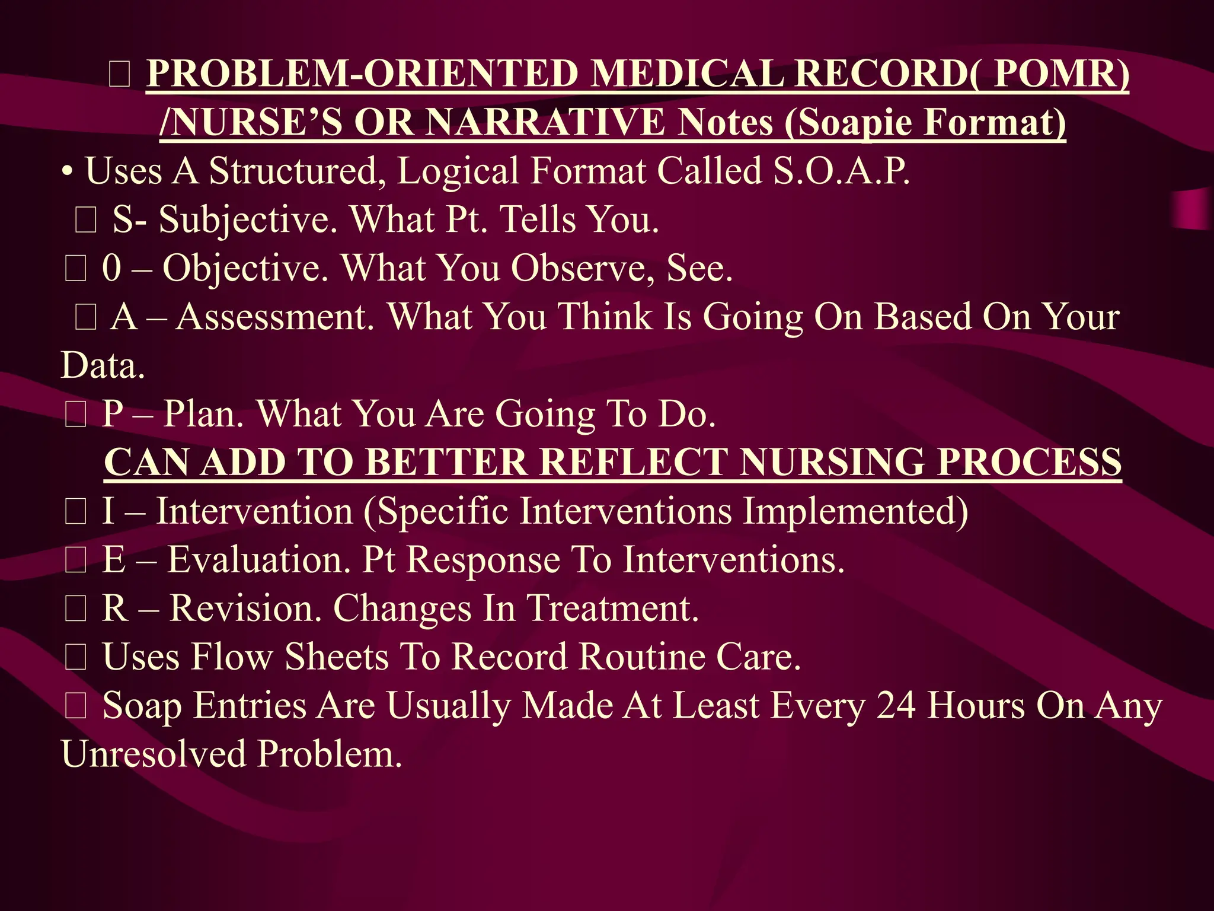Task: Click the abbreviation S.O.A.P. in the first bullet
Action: tap(842, 171)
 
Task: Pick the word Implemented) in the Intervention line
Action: tap(855, 511)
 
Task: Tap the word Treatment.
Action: tap(613, 609)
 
